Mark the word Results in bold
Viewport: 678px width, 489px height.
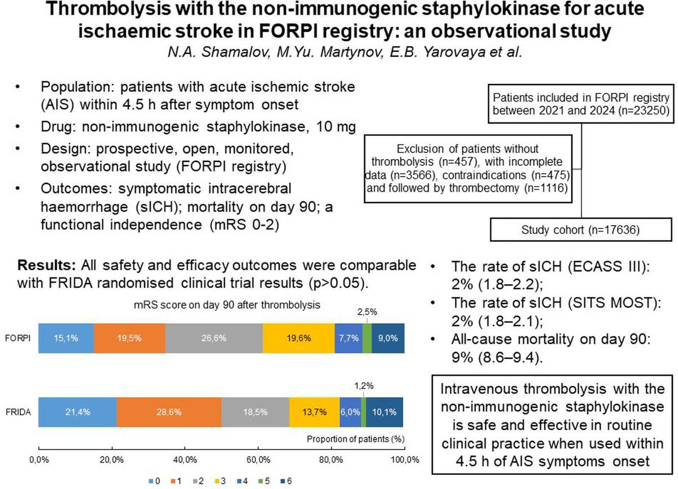click(x=45, y=265)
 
